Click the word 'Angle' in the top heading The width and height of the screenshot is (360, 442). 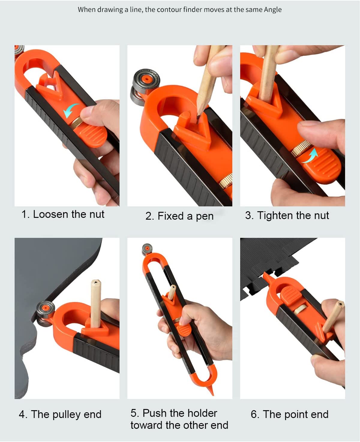(273, 10)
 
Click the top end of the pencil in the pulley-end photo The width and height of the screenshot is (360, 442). (96, 282)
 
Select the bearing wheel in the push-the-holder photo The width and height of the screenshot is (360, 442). (147, 248)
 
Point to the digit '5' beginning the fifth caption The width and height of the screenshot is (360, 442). (133, 413)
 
